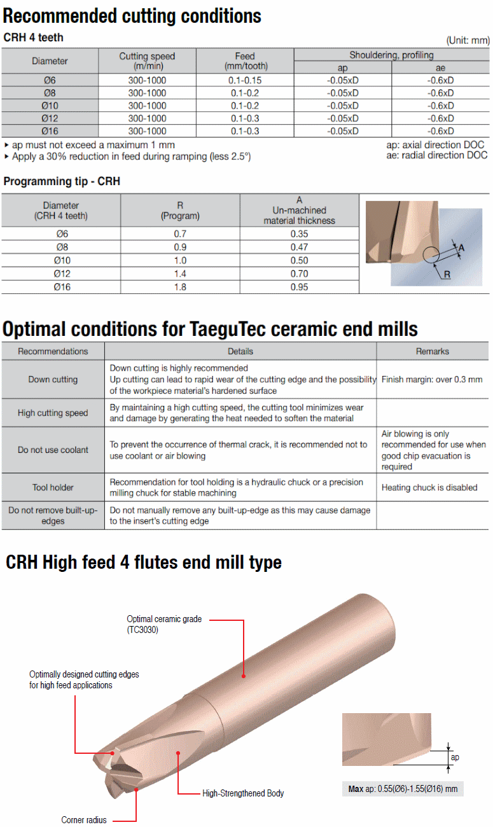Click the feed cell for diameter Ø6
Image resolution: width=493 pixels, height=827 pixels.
point(245,80)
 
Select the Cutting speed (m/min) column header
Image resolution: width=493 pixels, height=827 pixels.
point(147,61)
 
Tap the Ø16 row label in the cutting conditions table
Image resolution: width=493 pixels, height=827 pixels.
point(50,131)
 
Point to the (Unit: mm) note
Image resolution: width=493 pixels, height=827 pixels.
point(468,40)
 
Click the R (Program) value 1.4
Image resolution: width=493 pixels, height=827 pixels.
point(180,274)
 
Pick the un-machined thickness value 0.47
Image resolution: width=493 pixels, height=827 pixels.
point(299,247)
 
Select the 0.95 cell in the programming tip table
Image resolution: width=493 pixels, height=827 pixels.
point(299,287)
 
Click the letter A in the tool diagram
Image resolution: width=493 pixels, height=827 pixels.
point(461,248)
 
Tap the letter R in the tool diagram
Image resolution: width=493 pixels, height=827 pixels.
point(447,274)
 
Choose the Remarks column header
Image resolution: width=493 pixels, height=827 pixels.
point(433,351)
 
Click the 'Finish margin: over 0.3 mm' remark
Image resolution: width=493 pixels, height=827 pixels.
point(432,380)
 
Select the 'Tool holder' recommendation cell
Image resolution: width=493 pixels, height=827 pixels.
point(53,487)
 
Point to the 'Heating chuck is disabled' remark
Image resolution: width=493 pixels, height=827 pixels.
point(429,487)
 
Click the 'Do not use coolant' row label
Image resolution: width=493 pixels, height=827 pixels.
point(53,450)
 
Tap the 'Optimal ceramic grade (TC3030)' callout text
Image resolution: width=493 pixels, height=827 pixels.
point(164,624)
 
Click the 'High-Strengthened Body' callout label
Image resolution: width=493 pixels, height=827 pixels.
point(243,793)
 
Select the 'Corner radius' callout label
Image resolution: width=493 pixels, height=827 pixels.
point(84,819)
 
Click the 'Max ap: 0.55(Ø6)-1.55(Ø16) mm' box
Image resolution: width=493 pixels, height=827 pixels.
point(403,789)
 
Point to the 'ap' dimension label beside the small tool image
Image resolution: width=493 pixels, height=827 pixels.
point(455,758)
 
